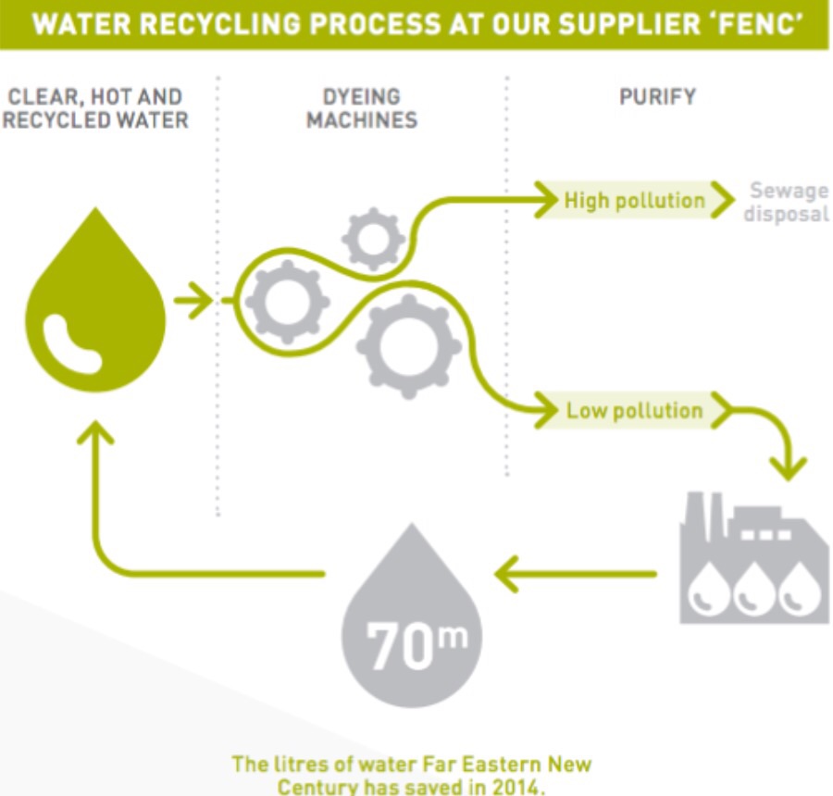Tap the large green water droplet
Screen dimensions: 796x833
coord(94,301)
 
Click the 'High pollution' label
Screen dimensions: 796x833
coord(634,200)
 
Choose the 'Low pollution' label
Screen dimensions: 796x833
coord(634,410)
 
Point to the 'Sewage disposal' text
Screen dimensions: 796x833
coord(787,203)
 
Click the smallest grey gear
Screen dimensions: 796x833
coord(373,239)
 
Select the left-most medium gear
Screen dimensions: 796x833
coord(287,301)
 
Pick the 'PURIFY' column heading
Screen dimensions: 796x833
coord(657,96)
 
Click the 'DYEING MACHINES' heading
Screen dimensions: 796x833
coord(362,108)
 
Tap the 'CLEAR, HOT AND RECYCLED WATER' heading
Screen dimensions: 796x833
coord(94,108)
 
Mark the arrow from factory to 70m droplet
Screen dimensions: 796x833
coord(574,575)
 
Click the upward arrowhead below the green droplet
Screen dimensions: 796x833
coord(95,433)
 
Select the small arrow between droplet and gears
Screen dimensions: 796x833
coord(193,301)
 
